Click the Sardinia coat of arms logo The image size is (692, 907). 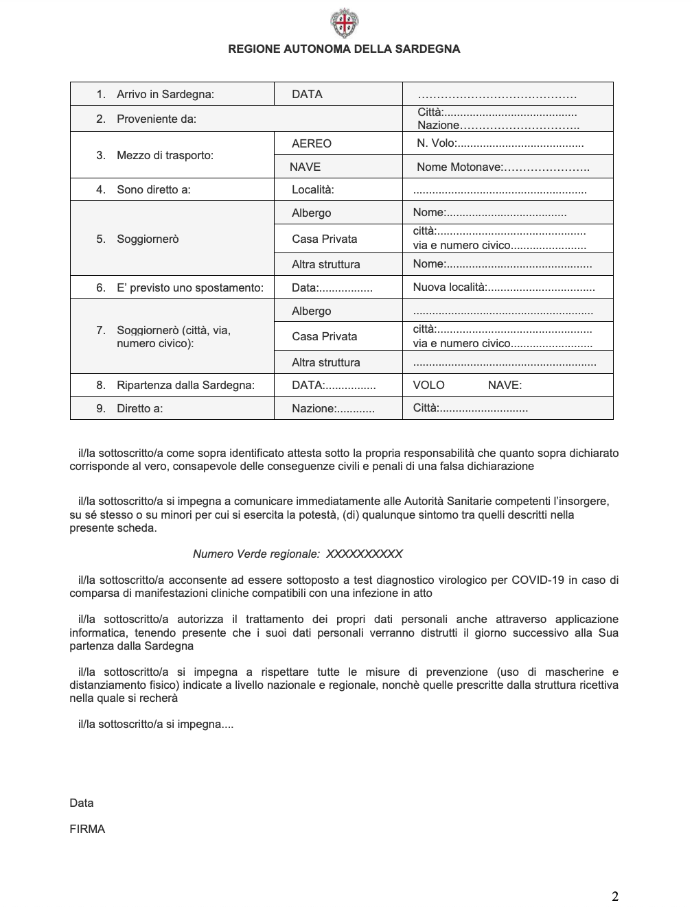click(344, 23)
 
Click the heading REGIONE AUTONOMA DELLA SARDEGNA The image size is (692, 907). click(344, 49)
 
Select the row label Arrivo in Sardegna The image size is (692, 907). click(165, 94)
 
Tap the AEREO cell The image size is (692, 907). click(311, 143)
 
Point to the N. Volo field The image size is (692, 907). click(500, 143)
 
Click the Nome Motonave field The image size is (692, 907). click(503, 167)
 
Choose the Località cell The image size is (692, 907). click(312, 189)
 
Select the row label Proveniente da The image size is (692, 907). click(156, 119)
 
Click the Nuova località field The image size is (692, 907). click(503, 287)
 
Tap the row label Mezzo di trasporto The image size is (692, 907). click(165, 155)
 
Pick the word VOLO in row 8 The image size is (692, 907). click(428, 385)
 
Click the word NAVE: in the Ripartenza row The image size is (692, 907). click(505, 385)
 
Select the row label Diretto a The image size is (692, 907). click(139, 408)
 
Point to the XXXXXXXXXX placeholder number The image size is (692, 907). click(364, 554)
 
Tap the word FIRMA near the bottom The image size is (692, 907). click(87, 829)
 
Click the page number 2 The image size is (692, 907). click(615, 896)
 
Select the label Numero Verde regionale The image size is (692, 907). click(256, 554)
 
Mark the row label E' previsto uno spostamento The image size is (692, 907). click(189, 287)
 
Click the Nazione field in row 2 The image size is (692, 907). click(498, 125)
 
